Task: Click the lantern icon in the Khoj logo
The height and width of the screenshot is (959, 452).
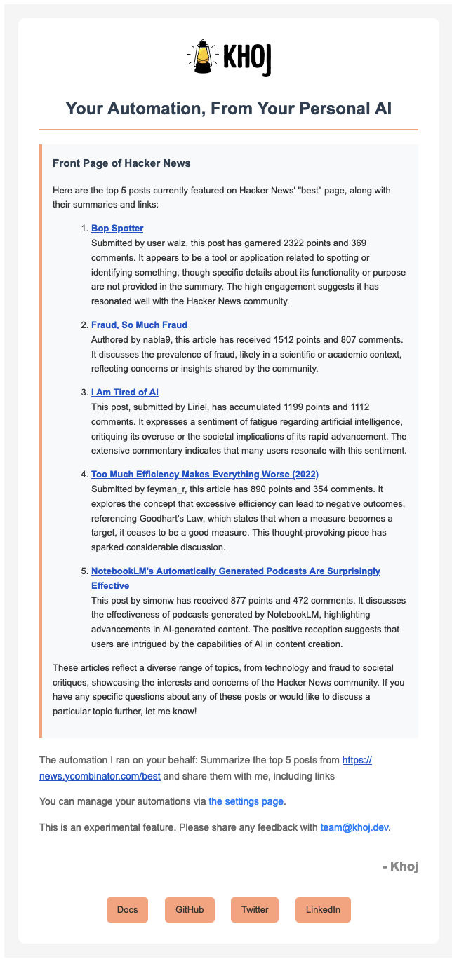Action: pos(203,56)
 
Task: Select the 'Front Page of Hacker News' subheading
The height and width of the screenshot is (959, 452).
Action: pos(121,163)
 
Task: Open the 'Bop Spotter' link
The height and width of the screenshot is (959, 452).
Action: pos(117,229)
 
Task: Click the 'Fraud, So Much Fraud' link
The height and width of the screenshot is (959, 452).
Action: pos(139,325)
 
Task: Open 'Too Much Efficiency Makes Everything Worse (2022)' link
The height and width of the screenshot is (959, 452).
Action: pos(205,474)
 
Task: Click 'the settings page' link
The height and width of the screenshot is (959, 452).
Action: pos(246,801)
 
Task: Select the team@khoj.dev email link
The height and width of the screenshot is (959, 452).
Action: pos(354,827)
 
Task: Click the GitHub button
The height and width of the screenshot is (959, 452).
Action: pos(190,909)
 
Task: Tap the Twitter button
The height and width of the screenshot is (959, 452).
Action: pos(255,909)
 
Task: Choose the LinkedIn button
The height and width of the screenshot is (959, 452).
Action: pos(323,909)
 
